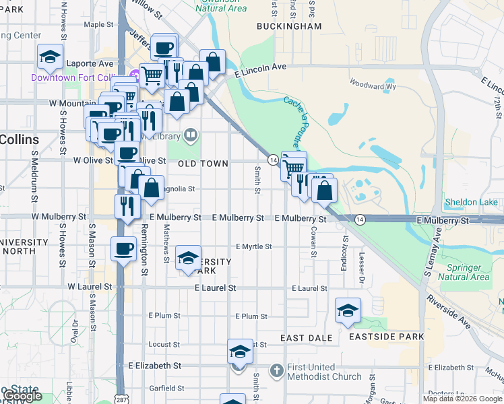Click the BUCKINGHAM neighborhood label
289,26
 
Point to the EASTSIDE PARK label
387,337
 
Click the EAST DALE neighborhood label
304,337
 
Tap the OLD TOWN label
203,164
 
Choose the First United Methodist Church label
325,372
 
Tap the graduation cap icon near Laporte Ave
50,57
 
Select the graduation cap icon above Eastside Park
348,310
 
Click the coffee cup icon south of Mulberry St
123,248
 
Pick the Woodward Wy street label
372,86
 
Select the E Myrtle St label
253,246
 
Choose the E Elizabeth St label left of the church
155,366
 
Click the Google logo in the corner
23,397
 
